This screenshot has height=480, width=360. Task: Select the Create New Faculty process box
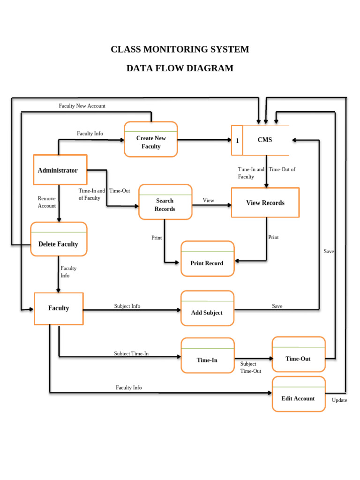[x=151, y=139]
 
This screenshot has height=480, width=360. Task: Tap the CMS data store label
[x=265, y=140]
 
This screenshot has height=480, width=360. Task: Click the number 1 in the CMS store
[x=237, y=141]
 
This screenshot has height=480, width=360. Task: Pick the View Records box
[x=265, y=202]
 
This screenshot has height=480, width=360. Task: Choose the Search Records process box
[x=165, y=202]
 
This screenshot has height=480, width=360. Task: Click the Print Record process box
[x=207, y=259]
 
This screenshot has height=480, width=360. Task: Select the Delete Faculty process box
[x=59, y=240]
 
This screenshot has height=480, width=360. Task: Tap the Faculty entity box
[x=59, y=308]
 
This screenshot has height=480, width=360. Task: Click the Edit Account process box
[x=298, y=395]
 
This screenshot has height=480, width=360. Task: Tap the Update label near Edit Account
[x=339, y=400]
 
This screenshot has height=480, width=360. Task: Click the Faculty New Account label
[x=82, y=106]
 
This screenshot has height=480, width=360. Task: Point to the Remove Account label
[x=47, y=202]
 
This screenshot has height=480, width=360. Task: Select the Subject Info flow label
[x=127, y=306]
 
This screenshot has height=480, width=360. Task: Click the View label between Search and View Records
[x=209, y=201]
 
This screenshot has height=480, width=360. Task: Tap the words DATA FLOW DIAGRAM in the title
[x=180, y=68]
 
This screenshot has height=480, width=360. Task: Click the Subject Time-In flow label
[x=131, y=353]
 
